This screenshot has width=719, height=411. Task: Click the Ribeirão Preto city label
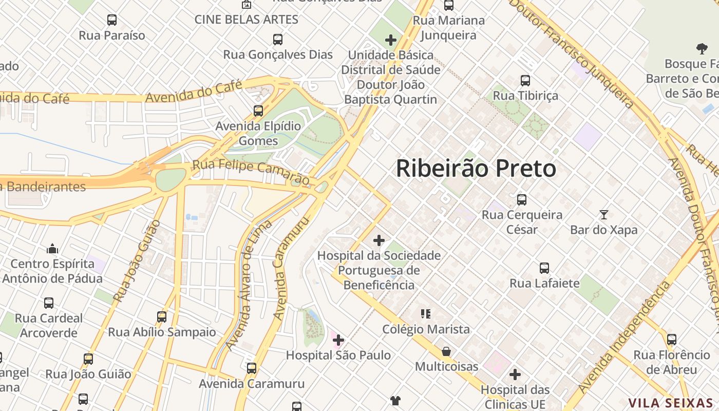coord(476,169)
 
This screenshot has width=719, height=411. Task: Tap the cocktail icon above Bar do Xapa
coord(603,214)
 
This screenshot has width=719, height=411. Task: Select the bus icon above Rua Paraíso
coord(112,20)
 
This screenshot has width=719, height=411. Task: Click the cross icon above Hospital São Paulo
coord(338,340)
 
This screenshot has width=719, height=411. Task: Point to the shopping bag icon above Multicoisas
coord(446,351)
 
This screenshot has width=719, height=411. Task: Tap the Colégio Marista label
coord(426,329)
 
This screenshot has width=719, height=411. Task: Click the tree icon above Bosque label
coord(702,49)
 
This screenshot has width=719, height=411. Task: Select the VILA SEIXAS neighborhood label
coord(671,403)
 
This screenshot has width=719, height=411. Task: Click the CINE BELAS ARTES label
coord(246,20)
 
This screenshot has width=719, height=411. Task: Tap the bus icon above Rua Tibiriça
coord(525,80)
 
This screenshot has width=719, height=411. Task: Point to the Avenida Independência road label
coord(624,337)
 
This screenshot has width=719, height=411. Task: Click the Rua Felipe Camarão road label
coord(251,173)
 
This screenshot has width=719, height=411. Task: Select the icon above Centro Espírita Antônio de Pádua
coord(52,249)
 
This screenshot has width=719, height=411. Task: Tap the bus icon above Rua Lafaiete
coord(544,268)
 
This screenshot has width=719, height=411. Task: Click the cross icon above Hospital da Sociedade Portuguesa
coord(379,240)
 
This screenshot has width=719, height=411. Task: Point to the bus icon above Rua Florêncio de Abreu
coord(671,339)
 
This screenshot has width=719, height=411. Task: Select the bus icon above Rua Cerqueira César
coord(522,199)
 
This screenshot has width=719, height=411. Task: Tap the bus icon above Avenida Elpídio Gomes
coord(258,110)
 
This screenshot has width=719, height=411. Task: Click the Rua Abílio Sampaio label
coord(162,332)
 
